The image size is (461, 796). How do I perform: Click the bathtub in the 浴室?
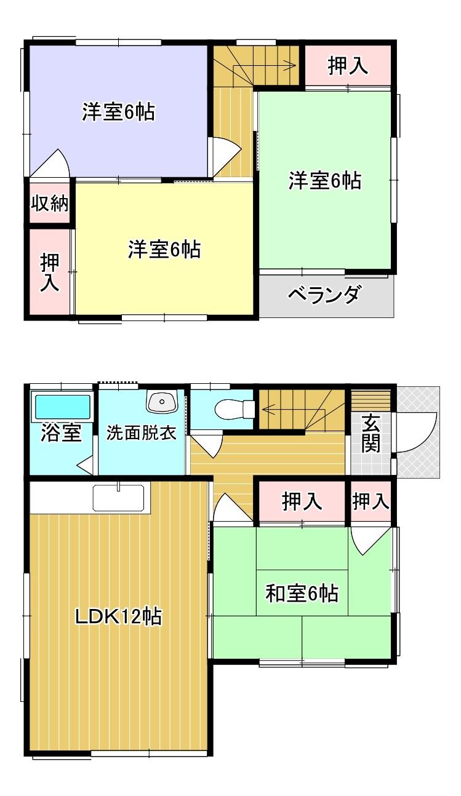pyautogui.click(x=62, y=407)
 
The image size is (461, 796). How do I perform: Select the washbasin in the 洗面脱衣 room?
pyautogui.click(x=162, y=402)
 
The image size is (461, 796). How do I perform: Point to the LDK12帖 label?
pyautogui.click(x=118, y=616)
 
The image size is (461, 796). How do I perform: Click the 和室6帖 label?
pyautogui.click(x=302, y=594)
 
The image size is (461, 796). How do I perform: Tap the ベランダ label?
pyautogui.click(x=324, y=296)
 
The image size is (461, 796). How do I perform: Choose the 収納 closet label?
pyautogui.click(x=50, y=203)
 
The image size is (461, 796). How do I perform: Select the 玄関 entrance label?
pyautogui.click(x=371, y=434)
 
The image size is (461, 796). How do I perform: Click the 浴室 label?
pyautogui.click(x=62, y=432)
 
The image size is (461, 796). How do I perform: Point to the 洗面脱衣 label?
pyautogui.click(x=142, y=432)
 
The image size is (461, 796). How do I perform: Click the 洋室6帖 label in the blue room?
pyautogui.click(x=118, y=113)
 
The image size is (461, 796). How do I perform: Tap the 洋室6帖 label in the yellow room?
pyautogui.click(x=164, y=249)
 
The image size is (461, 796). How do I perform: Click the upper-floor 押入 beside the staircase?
pyautogui.click(x=348, y=66)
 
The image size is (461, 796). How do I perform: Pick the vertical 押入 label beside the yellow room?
pyautogui.click(x=50, y=273)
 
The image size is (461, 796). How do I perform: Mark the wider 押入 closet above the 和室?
pyautogui.click(x=302, y=502)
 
